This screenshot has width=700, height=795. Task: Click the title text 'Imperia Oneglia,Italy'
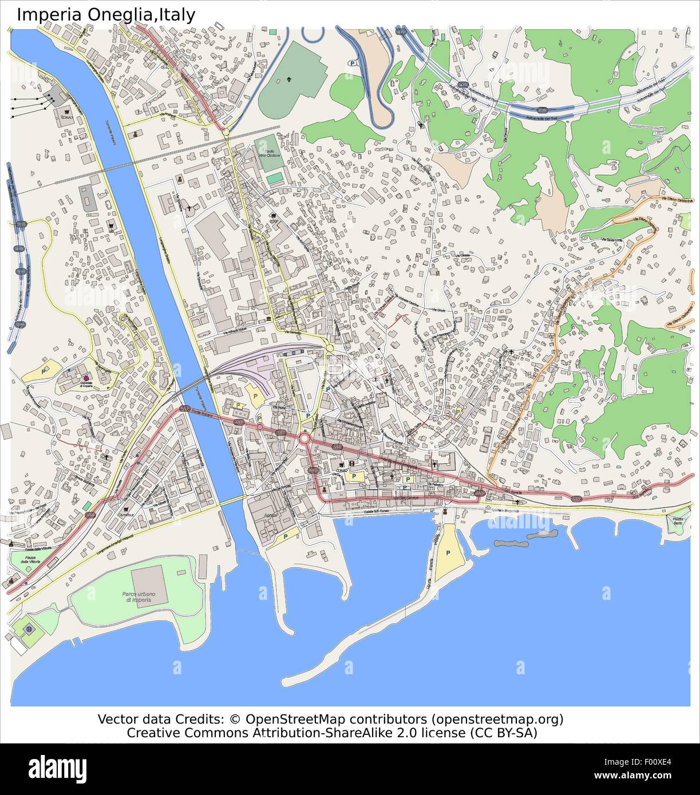[106, 14]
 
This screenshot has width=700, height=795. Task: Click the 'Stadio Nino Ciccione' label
[269, 152]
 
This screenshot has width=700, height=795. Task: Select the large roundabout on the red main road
[304, 439]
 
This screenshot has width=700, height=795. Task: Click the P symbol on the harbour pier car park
[448, 553]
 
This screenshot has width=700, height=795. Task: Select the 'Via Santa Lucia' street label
[611, 239]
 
